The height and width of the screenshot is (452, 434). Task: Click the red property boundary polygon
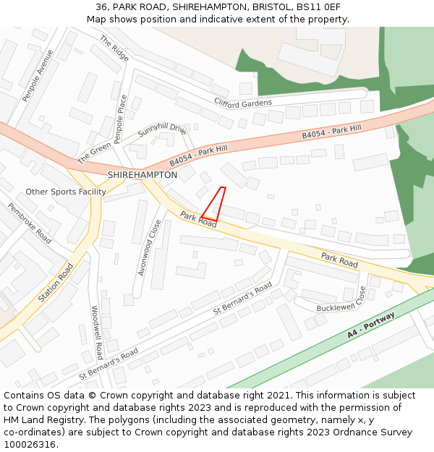click(x=214, y=205)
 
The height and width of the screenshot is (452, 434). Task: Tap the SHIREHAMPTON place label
click(x=142, y=175)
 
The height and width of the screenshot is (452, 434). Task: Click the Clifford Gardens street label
click(x=242, y=103)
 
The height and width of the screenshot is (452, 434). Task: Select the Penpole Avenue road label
click(x=38, y=76)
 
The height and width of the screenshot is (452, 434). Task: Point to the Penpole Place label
click(x=121, y=118)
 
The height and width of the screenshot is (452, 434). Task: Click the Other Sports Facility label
click(x=66, y=192)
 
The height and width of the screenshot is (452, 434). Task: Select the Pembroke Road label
click(x=30, y=222)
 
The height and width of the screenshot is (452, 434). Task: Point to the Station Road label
click(x=56, y=283)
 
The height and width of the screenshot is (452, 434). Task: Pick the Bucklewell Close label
click(x=340, y=299)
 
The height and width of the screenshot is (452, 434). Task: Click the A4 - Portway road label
click(x=371, y=326)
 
